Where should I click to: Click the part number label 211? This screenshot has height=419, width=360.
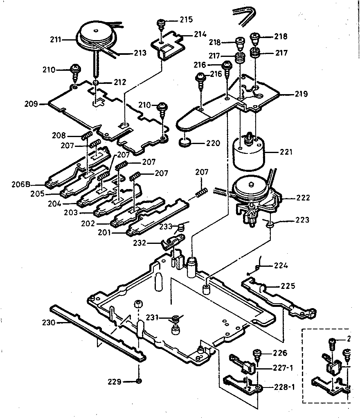point(56,40)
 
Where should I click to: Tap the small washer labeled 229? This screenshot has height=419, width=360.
point(139,381)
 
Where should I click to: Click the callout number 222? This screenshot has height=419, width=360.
point(303,198)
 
